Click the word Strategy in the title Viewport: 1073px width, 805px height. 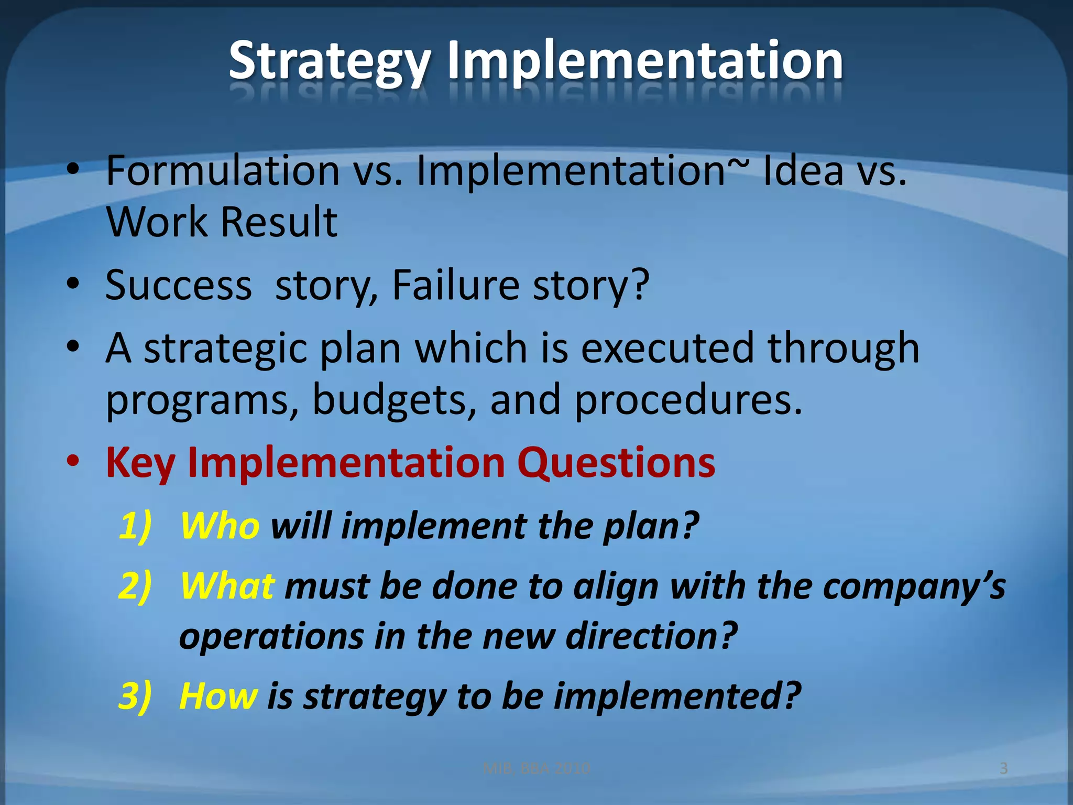click(x=330, y=62)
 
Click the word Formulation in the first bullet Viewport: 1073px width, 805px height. click(x=223, y=171)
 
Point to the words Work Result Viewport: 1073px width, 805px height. click(x=222, y=222)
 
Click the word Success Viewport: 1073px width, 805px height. click(x=178, y=285)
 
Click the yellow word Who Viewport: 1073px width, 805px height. click(x=220, y=526)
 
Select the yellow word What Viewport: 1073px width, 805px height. click(x=227, y=586)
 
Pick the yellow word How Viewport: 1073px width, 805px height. click(x=218, y=697)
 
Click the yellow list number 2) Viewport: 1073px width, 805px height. click(x=135, y=586)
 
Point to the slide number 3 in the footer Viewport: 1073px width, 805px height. click(x=1003, y=768)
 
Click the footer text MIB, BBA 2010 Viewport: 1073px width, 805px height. click(x=536, y=768)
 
